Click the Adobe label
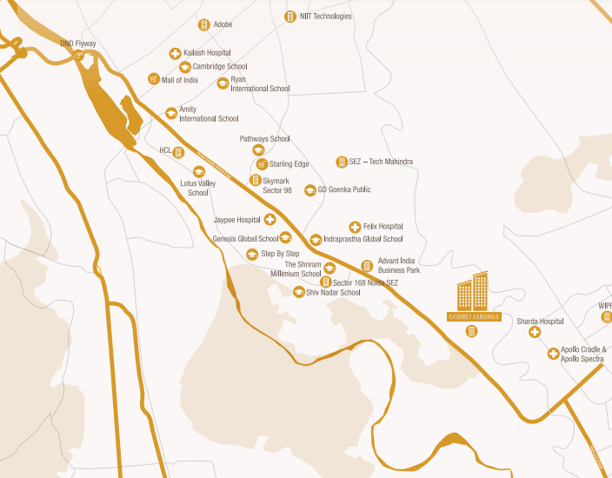click(x=223, y=24)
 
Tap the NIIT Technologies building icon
click(x=290, y=17)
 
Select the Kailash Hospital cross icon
click(x=175, y=53)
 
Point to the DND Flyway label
click(x=78, y=43)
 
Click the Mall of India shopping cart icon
click(x=154, y=79)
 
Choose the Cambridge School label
click(x=220, y=66)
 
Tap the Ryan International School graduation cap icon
click(x=223, y=83)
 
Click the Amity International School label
click(x=209, y=114)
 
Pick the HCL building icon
click(x=178, y=152)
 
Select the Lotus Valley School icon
click(x=199, y=171)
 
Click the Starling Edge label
click(x=289, y=164)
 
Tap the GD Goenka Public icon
click(x=309, y=190)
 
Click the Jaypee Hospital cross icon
click(x=270, y=220)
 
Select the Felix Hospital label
click(x=383, y=226)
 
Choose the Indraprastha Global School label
click(x=363, y=239)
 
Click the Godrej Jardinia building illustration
click(x=473, y=292)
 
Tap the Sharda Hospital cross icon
click(x=535, y=332)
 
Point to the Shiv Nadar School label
click(x=333, y=293)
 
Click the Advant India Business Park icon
click(x=367, y=266)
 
